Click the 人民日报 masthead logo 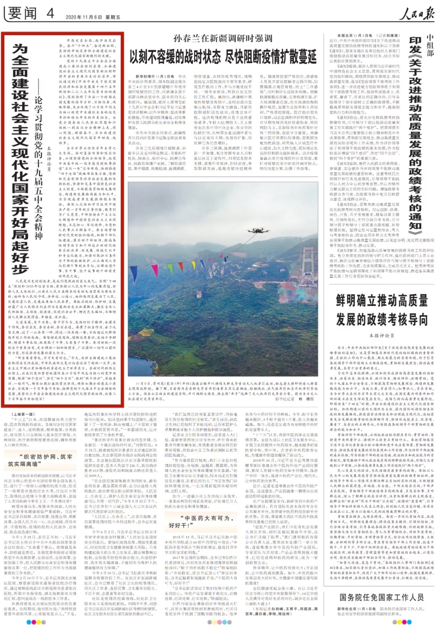click(x=416, y=14)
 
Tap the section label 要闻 click(x=22, y=13)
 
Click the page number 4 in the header click(x=50, y=13)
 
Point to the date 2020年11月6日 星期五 click(x=93, y=17)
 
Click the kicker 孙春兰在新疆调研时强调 click(x=223, y=39)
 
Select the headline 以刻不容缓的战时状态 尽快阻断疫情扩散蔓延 click(x=223, y=57)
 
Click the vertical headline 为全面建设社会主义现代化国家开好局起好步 click(x=20, y=158)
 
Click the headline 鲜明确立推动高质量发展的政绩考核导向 click(x=382, y=310)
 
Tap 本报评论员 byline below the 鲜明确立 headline click(x=382, y=336)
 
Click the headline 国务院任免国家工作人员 click(x=382, y=597)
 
